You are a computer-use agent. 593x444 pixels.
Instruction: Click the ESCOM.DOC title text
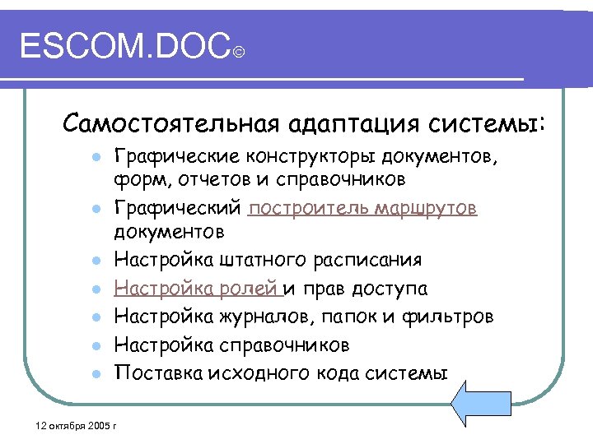pos(124,47)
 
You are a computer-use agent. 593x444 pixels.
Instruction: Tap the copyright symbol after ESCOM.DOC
pos(238,53)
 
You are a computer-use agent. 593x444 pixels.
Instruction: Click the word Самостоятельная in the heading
pos(170,124)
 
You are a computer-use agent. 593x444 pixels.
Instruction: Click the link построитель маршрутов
pos(362,208)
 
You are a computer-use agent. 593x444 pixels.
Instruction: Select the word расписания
pos(368,261)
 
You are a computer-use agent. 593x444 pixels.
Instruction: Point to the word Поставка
pos(153,372)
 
